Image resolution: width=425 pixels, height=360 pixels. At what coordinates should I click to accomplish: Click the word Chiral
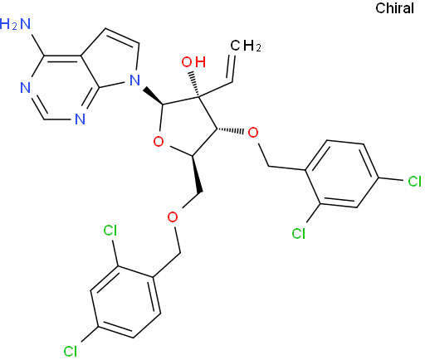click(x=394, y=8)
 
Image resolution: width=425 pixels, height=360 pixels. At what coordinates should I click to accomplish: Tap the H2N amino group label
click(x=15, y=24)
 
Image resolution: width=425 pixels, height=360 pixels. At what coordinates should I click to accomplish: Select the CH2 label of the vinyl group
click(x=246, y=46)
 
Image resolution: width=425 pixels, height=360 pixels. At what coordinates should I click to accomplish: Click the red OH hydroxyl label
click(x=193, y=62)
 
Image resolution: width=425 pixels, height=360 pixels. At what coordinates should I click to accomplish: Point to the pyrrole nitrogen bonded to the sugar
click(x=134, y=80)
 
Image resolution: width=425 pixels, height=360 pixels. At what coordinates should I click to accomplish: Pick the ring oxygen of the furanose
click(x=159, y=142)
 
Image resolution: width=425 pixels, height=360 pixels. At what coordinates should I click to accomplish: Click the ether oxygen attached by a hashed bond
click(x=253, y=133)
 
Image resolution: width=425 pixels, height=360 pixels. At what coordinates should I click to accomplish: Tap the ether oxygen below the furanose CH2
click(x=173, y=216)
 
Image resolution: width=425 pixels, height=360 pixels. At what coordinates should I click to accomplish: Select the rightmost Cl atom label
click(x=415, y=182)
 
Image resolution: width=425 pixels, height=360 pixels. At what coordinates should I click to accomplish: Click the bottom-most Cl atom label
click(x=71, y=351)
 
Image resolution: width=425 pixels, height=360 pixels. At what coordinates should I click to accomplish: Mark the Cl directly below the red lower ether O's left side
click(x=110, y=230)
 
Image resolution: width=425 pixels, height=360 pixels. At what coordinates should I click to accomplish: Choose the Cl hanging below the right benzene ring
click(x=299, y=233)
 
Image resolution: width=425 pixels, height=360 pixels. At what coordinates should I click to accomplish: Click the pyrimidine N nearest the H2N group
click(x=25, y=88)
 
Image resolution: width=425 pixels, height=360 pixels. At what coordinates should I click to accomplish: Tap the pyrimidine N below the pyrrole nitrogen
click(x=80, y=119)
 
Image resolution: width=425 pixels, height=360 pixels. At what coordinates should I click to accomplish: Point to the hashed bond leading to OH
click(x=194, y=85)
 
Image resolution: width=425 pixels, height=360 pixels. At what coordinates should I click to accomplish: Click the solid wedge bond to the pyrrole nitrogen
click(x=153, y=96)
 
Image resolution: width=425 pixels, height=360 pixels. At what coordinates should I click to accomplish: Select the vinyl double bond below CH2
click(x=232, y=68)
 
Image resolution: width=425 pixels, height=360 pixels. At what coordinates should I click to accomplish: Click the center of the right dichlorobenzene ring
click(x=342, y=173)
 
